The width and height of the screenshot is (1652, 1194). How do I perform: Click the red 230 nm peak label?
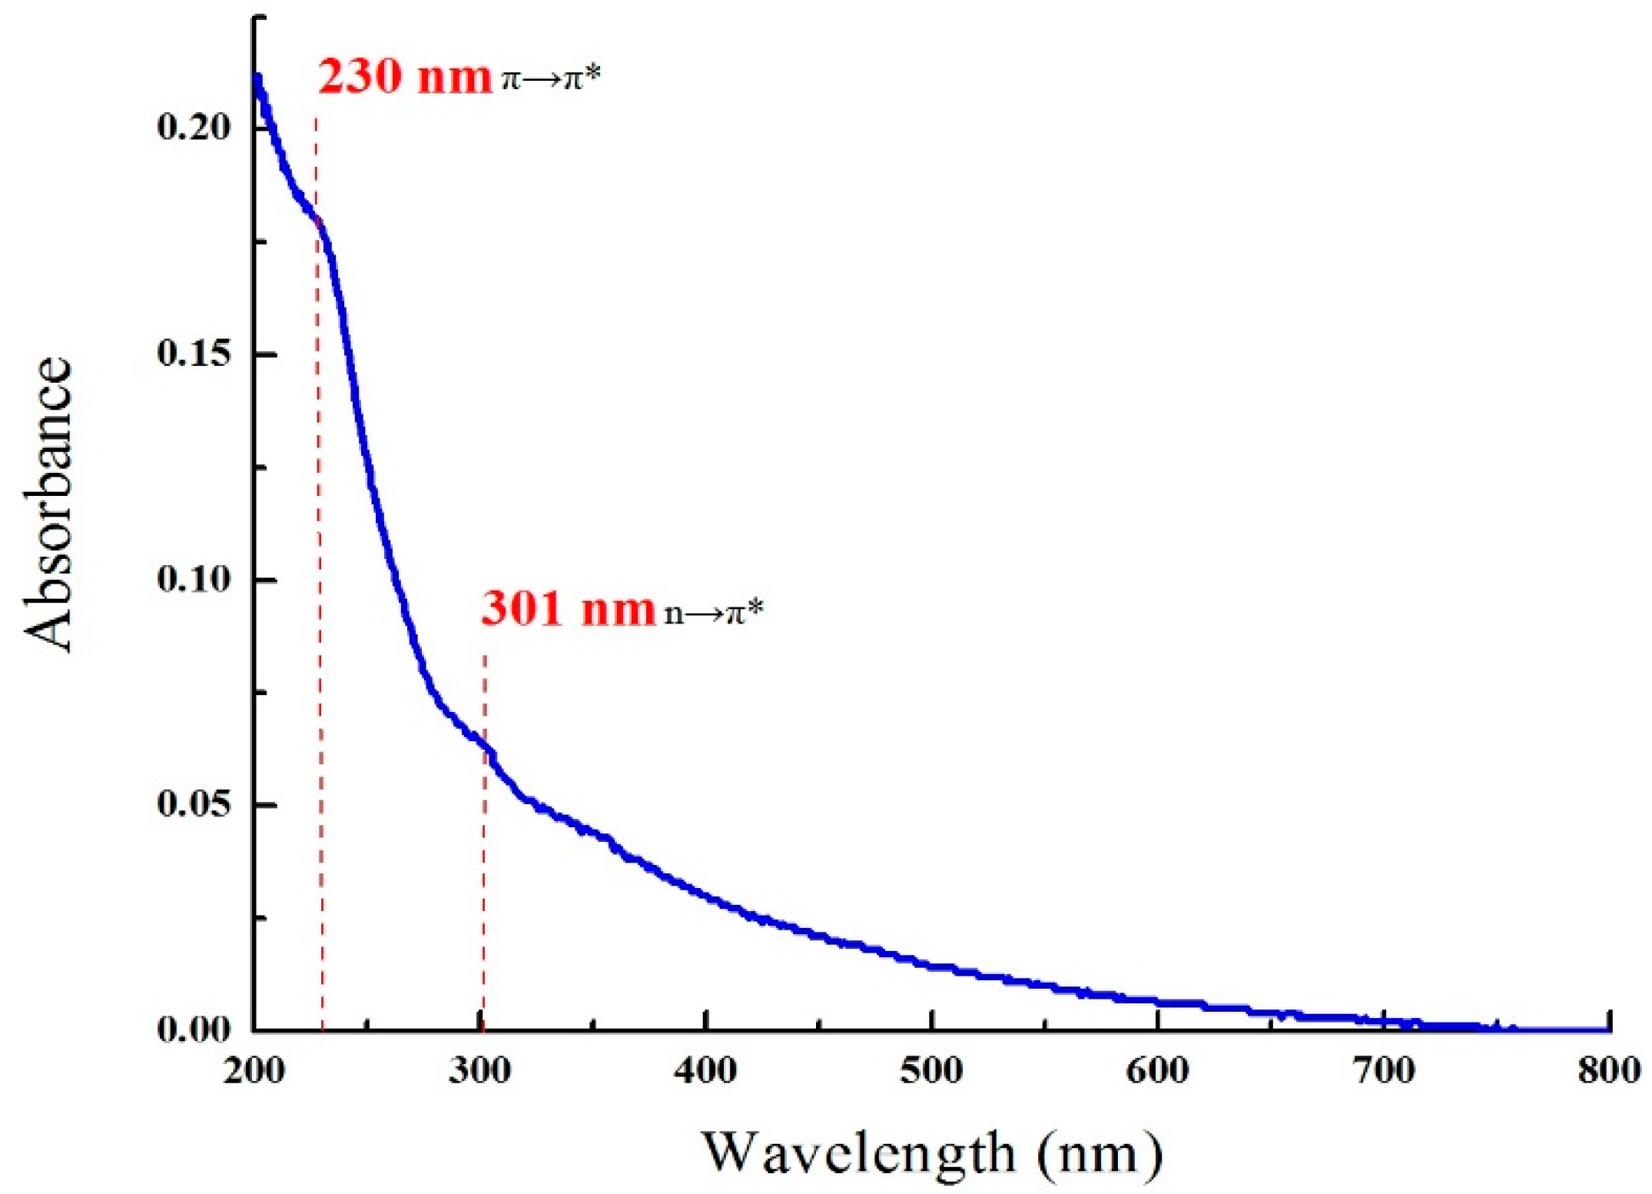[x=404, y=77]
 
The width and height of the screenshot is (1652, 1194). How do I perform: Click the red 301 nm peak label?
[x=568, y=610]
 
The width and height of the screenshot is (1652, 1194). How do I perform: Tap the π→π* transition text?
[x=550, y=78]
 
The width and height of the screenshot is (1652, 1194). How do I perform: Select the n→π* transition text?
[x=714, y=612]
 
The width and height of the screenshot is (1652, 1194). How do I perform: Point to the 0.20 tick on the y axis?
[x=194, y=128]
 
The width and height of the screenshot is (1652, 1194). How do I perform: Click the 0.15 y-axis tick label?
[x=194, y=354]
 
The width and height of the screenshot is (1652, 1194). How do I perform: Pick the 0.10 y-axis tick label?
[x=194, y=579]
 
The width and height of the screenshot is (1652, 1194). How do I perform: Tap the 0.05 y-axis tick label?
[x=194, y=804]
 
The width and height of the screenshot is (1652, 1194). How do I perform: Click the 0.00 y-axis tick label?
[x=194, y=1029]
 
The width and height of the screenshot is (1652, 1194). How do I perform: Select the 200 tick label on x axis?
[x=254, y=1070]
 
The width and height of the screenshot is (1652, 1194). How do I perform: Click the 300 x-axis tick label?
[x=480, y=1070]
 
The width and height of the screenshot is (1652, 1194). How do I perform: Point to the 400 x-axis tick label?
[x=705, y=1070]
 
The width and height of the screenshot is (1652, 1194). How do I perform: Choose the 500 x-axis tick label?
[x=931, y=1070]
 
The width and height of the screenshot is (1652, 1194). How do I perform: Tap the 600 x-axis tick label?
[x=1157, y=1070]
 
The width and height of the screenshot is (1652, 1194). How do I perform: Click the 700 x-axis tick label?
[x=1383, y=1070]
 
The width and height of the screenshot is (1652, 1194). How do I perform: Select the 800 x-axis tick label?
[x=1609, y=1070]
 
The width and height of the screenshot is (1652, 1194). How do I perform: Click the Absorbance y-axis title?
[x=48, y=504]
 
